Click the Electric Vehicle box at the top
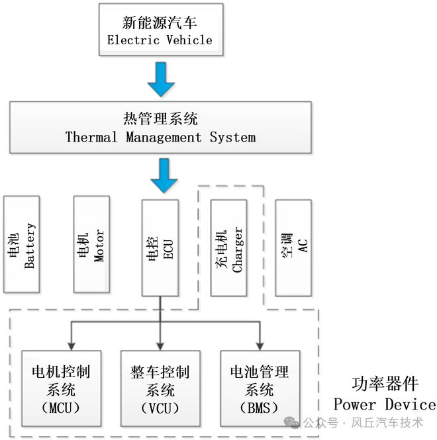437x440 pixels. [x=160, y=29]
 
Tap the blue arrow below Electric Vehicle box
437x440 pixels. [x=160, y=79]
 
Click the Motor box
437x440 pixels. [x=91, y=245]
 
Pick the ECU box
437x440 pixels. [x=160, y=247]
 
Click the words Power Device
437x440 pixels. [x=384, y=404]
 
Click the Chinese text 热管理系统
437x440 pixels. [x=160, y=119]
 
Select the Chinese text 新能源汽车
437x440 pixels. [x=160, y=22]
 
